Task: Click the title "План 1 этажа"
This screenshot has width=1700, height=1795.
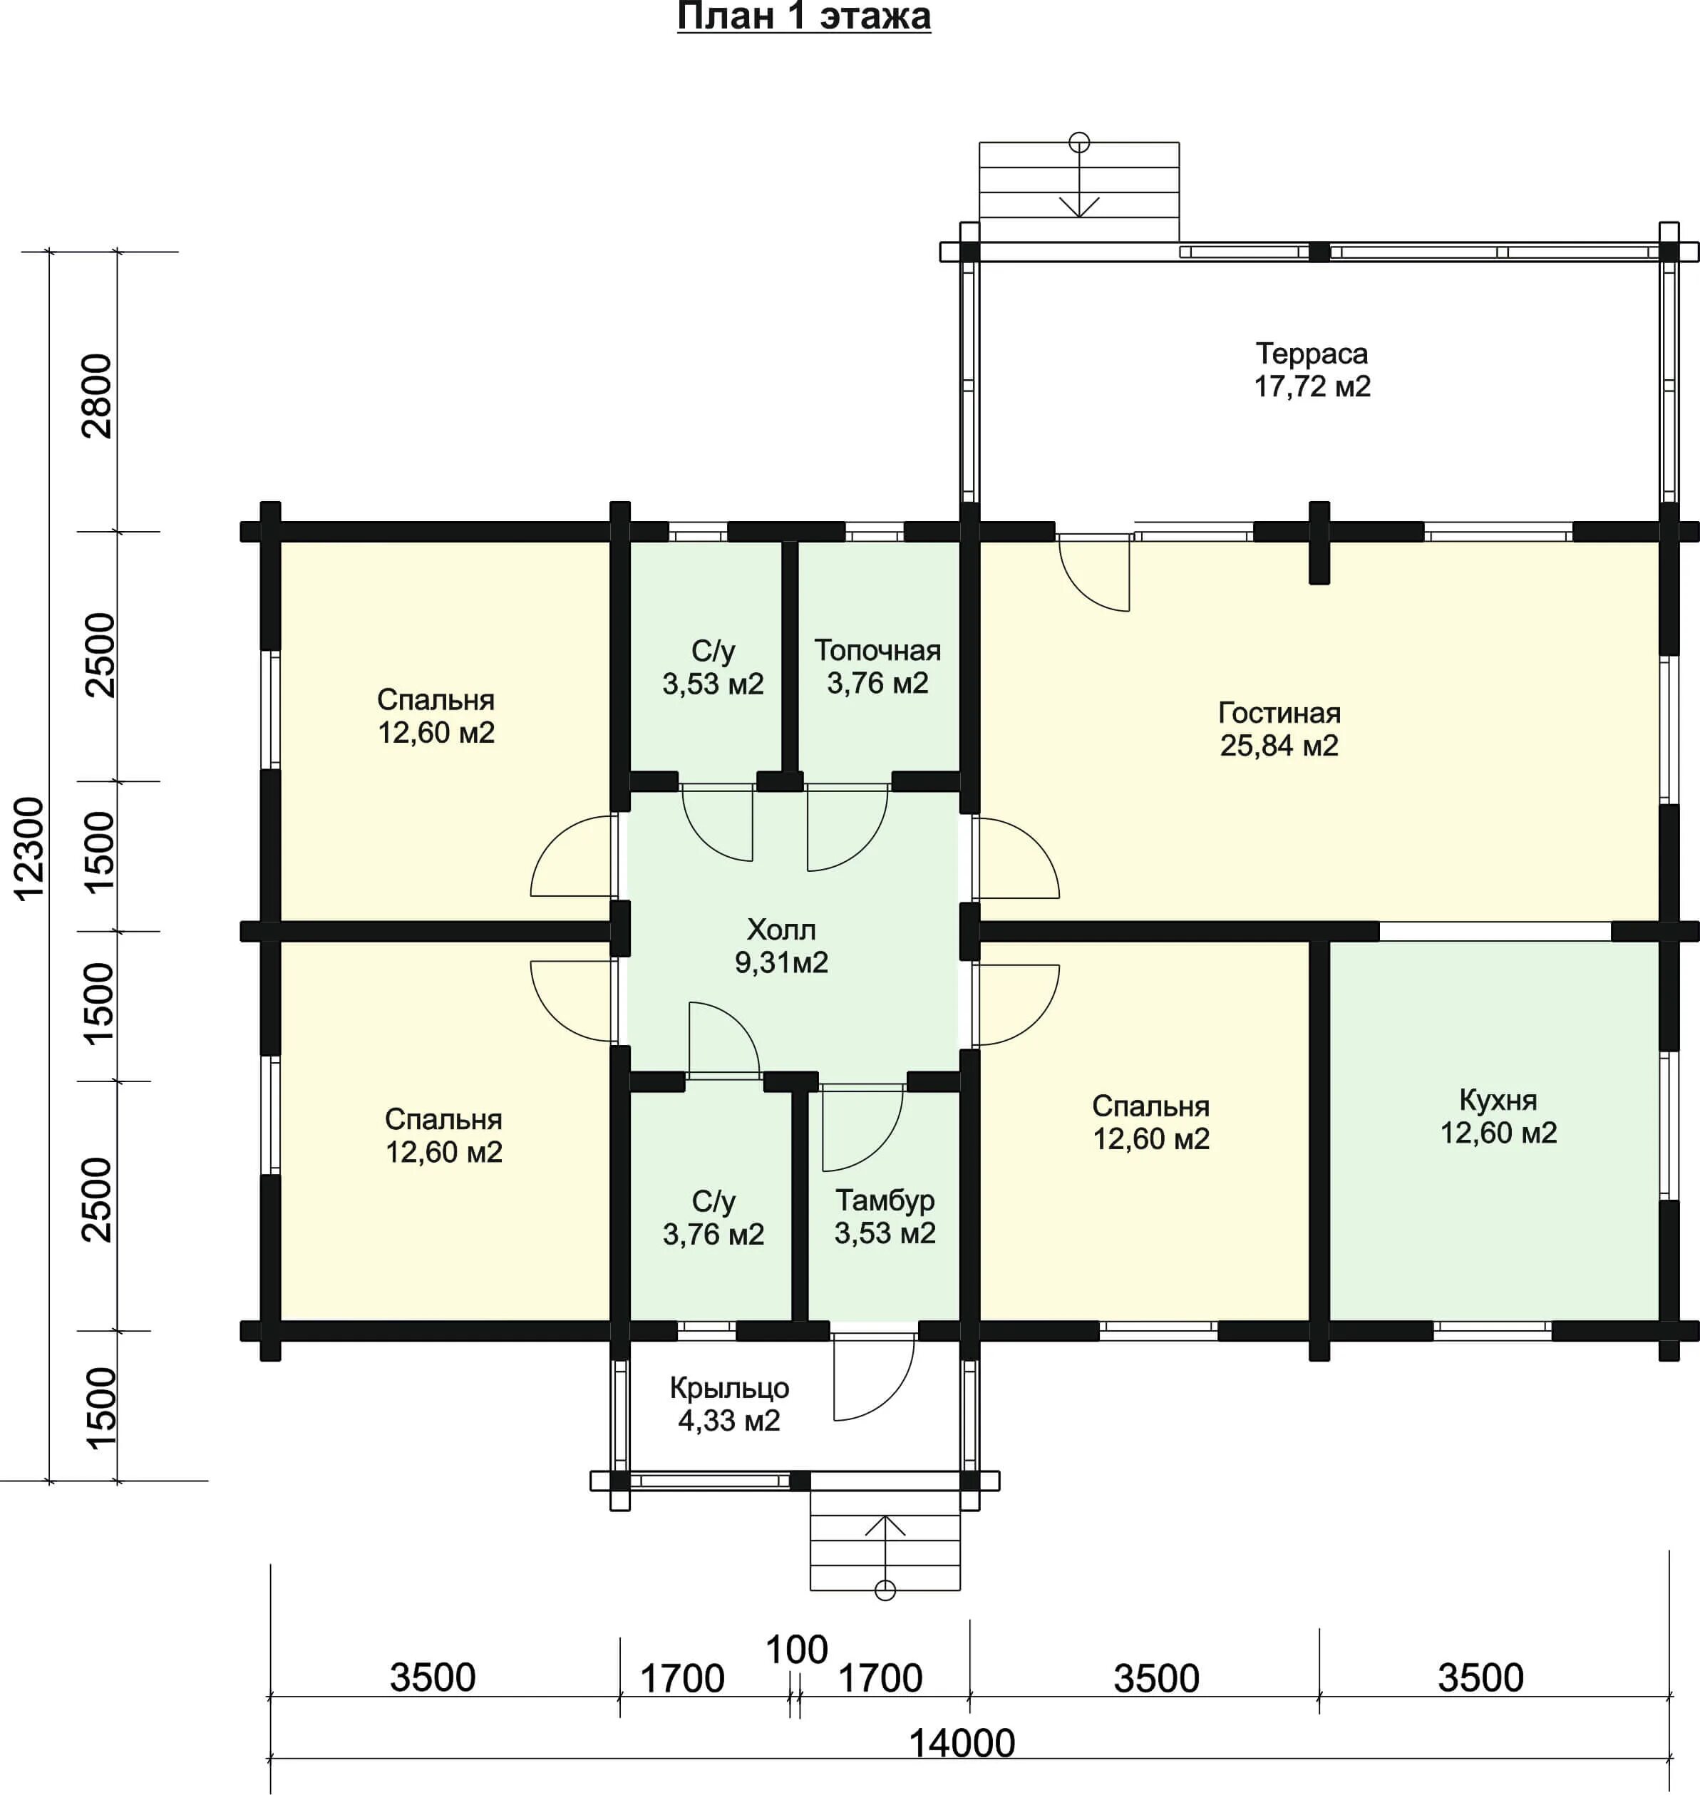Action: pos(804,17)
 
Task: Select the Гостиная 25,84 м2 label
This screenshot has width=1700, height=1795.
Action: pos(1279,729)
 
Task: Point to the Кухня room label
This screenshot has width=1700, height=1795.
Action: pos(1498,1100)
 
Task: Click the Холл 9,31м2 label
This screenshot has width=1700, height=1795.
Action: pos(781,946)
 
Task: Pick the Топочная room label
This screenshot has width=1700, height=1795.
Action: pos(877,649)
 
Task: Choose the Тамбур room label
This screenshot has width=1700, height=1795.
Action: pos(885,1200)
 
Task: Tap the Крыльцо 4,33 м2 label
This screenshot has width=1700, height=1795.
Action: pos(729,1404)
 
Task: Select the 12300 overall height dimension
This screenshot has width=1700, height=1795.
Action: pos(29,849)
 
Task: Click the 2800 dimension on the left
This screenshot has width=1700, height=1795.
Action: pos(97,396)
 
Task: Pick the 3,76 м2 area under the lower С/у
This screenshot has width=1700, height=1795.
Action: pos(714,1234)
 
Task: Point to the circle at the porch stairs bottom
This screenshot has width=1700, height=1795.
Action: pos(885,1590)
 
